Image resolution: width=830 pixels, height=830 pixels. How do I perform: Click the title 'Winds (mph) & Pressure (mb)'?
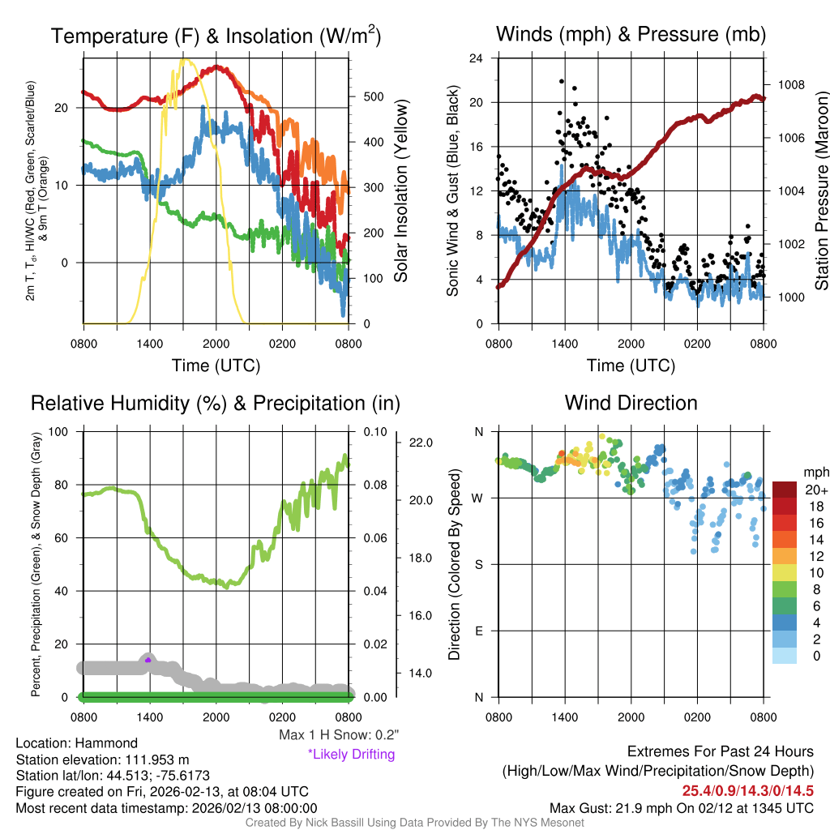(631, 35)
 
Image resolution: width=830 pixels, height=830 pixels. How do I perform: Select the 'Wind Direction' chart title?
(631, 403)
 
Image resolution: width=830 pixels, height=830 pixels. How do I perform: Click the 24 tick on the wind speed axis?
(477, 58)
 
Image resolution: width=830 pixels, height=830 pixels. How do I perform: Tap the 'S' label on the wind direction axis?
(478, 564)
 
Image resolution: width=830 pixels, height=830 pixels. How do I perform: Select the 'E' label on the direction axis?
(478, 631)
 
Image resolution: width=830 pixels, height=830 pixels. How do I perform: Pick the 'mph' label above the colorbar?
(815, 472)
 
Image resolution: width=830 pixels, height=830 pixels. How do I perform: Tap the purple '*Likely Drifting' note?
(351, 755)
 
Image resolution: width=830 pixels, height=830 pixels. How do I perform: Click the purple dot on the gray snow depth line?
(148, 661)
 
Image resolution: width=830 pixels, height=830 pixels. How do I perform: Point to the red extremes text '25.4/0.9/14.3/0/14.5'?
(747, 791)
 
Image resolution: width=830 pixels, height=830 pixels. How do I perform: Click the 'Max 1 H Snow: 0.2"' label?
(339, 735)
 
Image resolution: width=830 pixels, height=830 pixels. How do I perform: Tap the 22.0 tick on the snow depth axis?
(421, 443)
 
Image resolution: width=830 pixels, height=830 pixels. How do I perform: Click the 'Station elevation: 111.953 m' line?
(102, 759)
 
